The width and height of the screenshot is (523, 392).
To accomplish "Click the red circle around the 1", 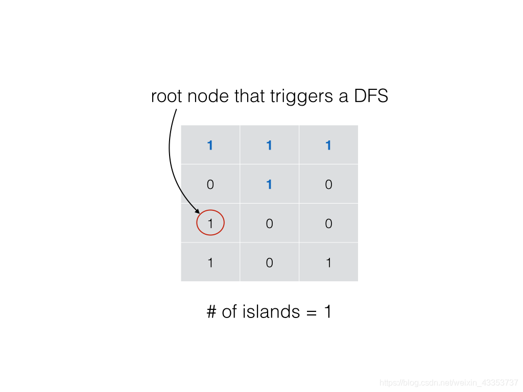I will tap(210, 223).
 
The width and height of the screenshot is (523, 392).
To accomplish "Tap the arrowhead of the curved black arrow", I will tap(197, 210).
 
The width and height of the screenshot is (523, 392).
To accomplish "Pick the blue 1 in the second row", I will tap(269, 184).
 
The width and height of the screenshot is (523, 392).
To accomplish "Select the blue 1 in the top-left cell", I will tap(210, 145).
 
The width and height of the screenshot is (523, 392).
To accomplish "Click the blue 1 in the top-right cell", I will tap(328, 145).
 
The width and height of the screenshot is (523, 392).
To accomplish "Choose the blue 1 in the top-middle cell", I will tap(269, 145).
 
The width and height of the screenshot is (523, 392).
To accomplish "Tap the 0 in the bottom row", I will tap(269, 263).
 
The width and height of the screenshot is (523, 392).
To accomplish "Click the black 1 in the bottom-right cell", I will tap(328, 263).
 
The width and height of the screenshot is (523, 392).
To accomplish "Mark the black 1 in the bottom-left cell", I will tap(210, 263).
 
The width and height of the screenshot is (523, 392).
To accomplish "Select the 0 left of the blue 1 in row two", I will tap(210, 184).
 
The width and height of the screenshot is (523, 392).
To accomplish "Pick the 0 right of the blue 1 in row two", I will tap(328, 184).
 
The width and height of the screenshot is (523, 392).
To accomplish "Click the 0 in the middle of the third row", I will tap(269, 224).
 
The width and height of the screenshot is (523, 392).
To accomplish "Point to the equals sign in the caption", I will tap(312, 312).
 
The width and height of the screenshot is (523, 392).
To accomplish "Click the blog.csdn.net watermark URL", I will tap(449, 382).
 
